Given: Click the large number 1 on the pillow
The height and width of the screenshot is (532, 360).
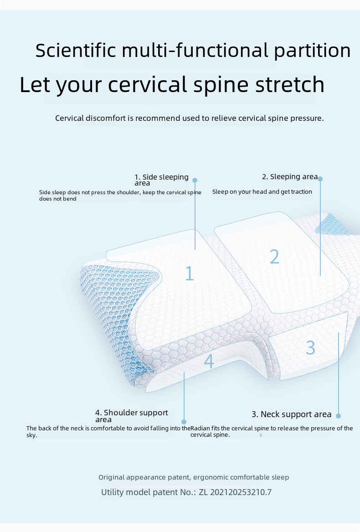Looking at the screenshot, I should click(190, 273).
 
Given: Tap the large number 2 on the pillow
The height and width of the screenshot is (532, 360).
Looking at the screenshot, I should click(274, 257).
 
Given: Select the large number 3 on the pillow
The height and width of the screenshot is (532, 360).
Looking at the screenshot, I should click(310, 347).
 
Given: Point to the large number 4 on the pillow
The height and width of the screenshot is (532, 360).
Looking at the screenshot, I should click(209, 361).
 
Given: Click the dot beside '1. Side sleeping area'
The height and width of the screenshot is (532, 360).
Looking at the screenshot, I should click(195, 180).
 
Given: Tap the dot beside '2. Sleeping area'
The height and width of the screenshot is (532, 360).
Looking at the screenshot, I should click(320, 179).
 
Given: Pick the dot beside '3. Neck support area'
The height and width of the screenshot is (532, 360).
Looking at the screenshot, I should click(338, 415).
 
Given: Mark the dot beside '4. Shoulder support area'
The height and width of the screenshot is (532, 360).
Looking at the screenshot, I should click(184, 422).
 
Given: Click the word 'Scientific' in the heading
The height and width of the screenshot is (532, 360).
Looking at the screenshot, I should click(76, 50).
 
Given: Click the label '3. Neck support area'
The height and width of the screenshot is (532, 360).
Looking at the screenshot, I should click(292, 414).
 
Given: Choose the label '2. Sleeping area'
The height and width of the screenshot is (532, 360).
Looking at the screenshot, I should click(290, 176).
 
